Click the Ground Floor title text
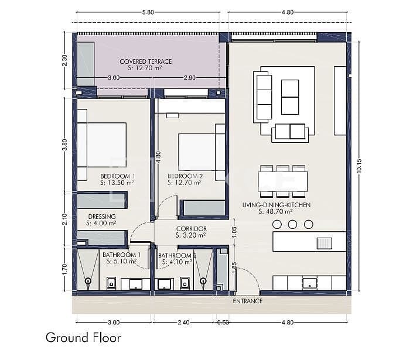tap(83, 338)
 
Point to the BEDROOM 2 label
tap(185, 176)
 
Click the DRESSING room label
tap(101, 216)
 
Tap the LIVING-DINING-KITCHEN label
tap(276, 205)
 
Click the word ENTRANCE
tap(247, 301)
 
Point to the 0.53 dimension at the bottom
tap(223, 322)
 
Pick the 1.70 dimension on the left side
tap(64, 269)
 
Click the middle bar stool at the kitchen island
tap(293, 224)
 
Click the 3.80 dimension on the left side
tap(64, 145)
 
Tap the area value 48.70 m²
tap(276, 212)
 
